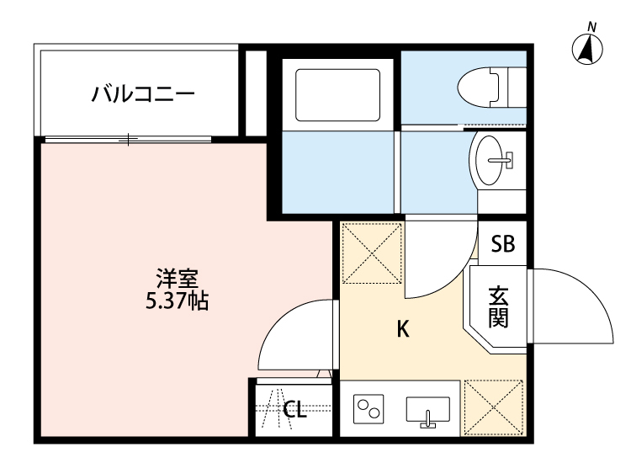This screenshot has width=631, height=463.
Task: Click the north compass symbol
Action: (x=590, y=49)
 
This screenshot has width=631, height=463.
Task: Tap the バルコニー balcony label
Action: (x=143, y=93)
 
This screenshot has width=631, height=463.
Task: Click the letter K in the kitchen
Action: (x=403, y=329)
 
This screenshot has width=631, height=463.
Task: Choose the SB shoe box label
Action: (x=502, y=244)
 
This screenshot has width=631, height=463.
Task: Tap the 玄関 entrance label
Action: (x=498, y=307)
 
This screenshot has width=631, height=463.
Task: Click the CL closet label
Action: (x=294, y=410)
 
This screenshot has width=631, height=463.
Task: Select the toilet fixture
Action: (x=489, y=86)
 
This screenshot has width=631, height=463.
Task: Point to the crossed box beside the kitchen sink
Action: (x=492, y=407)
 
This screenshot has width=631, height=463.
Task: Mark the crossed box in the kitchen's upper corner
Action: (x=371, y=253)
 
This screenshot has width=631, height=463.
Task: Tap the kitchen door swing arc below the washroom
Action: (x=437, y=257)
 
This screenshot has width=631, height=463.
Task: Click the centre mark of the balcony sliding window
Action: (x=129, y=139)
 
